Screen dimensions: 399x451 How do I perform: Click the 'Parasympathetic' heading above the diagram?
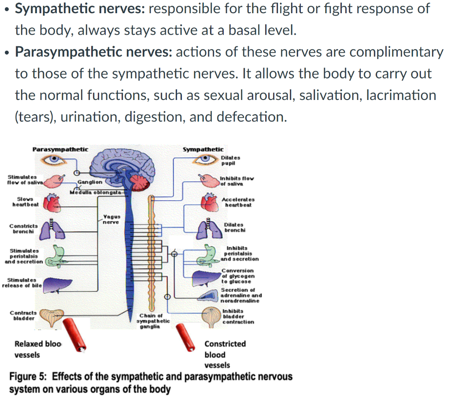[x=60, y=149]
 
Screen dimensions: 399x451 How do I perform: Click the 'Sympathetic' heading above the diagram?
[x=203, y=149]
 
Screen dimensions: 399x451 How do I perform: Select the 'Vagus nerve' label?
[x=110, y=219]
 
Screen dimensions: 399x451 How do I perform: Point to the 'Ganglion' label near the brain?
[x=90, y=181]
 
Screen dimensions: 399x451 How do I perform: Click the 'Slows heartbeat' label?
[x=26, y=202]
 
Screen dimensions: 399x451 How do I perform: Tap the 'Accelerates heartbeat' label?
[x=239, y=202]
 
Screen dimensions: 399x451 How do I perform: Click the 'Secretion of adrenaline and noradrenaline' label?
[x=240, y=296]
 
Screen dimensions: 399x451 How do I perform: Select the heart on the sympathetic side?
[x=209, y=202]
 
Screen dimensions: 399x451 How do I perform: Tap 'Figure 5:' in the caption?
[x=28, y=377]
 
